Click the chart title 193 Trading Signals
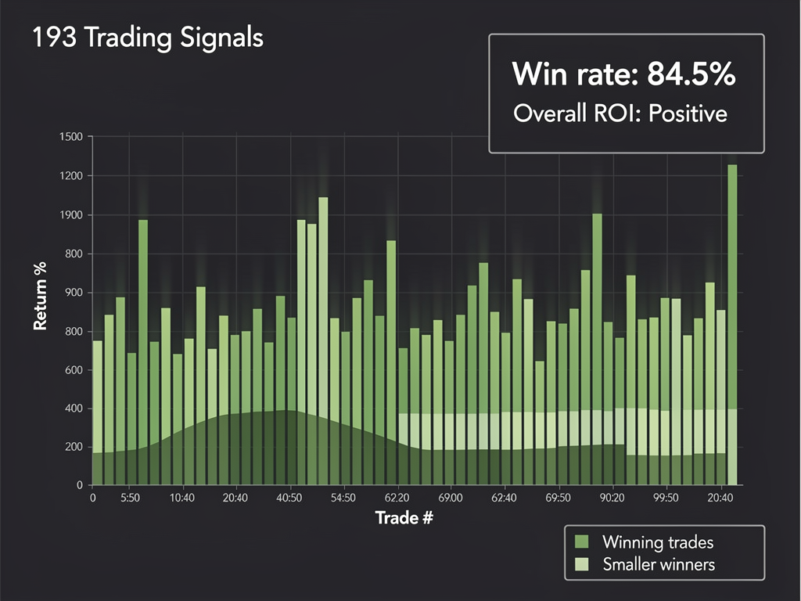(148, 38)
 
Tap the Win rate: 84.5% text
(623, 74)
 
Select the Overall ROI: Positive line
(620, 113)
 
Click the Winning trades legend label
(657, 542)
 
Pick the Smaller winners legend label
(659, 564)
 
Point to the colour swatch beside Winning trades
(581, 542)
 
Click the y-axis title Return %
(40, 297)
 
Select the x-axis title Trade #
(404, 518)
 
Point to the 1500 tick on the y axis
(70, 138)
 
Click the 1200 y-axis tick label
(70, 177)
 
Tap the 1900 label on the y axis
(70, 215)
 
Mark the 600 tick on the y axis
(72, 370)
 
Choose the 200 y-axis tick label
(72, 448)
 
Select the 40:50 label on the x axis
(289, 498)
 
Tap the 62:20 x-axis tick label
(397, 498)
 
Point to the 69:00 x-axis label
(451, 498)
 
